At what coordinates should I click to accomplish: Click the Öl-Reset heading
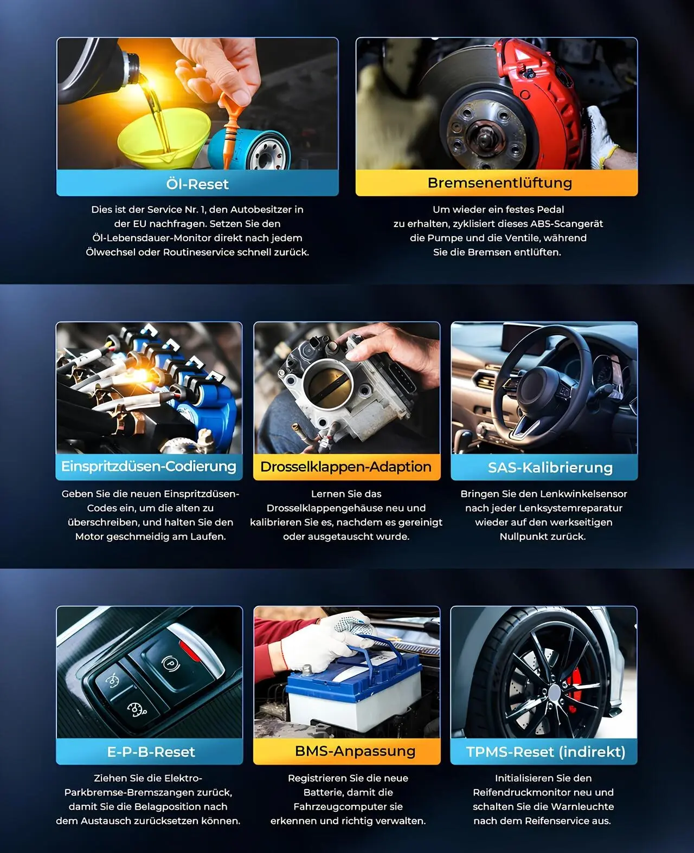(197, 184)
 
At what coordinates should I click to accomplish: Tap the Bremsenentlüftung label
(500, 183)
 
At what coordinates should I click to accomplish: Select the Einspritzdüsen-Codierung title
(149, 467)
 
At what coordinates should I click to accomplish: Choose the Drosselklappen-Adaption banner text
(346, 467)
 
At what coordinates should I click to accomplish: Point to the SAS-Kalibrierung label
(550, 468)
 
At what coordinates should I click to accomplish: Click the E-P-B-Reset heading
(151, 752)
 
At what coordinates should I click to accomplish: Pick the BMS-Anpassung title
(355, 751)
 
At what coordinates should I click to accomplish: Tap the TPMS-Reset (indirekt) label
(546, 752)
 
